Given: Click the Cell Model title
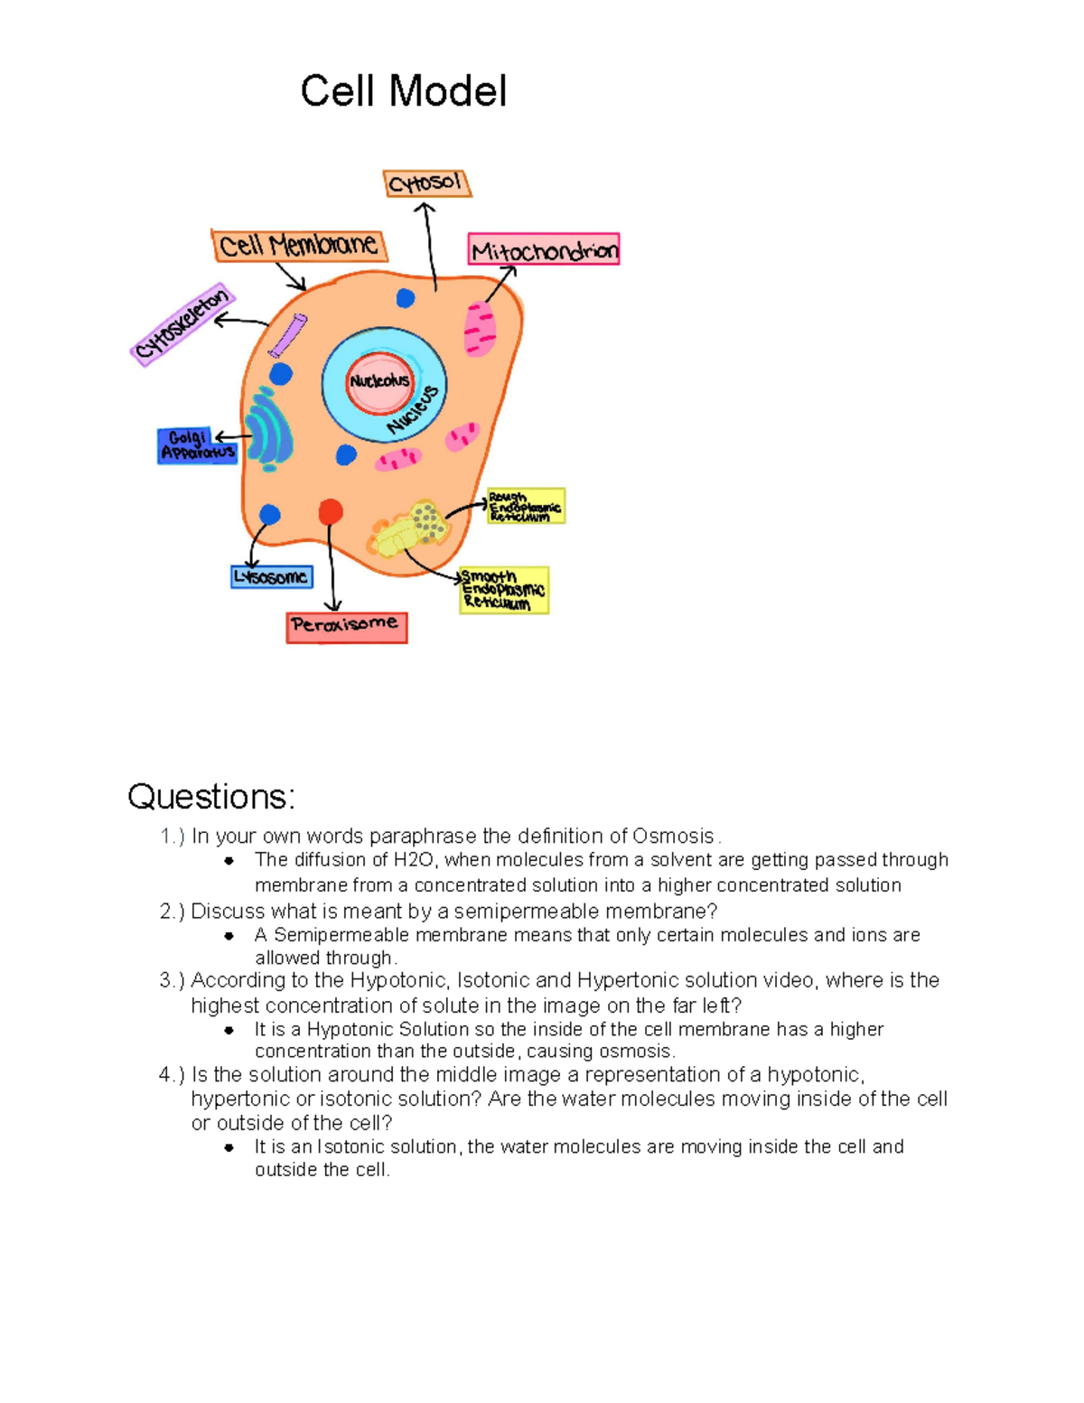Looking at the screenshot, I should [403, 91].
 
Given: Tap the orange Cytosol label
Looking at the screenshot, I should [426, 183].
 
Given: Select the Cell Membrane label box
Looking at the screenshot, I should [299, 245].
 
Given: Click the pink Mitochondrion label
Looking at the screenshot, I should [544, 250].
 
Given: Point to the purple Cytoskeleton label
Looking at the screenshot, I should [182, 324].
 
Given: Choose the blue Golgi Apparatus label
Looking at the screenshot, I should [197, 445].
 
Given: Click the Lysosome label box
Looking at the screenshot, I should [271, 576].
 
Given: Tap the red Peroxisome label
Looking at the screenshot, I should [346, 626].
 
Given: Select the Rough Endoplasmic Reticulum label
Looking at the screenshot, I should [526, 507].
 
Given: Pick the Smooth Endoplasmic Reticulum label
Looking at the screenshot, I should [503, 590].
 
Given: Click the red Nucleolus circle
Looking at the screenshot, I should [379, 381].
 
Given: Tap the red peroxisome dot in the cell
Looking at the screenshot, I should [331, 512].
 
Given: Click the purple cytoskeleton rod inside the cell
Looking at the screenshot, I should [288, 335].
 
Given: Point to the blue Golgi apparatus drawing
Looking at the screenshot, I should [269, 429].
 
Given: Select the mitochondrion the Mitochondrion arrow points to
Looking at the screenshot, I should [480, 328].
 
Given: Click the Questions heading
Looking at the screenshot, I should [210, 796].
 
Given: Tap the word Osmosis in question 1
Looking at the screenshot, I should [673, 836].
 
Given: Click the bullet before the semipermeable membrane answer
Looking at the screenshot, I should [229, 936].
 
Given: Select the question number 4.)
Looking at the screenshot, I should [172, 1075].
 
